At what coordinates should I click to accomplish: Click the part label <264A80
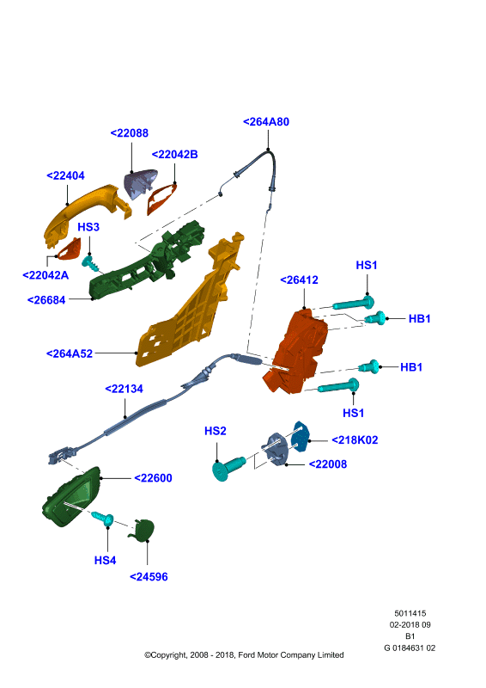pos(266,121)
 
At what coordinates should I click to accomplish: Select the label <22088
pos(130,133)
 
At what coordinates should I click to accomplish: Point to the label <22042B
pos(174,155)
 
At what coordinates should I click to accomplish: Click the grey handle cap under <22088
pos(140,183)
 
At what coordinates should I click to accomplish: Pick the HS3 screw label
pos(88,227)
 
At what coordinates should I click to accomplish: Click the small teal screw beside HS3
pos(91,263)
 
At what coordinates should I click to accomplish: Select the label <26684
pos(46,300)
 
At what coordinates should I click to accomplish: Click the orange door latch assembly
pos(297,351)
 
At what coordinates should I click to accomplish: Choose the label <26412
pos(300,280)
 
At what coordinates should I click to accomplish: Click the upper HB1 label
pos(419,318)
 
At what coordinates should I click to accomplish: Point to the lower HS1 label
pos(353,413)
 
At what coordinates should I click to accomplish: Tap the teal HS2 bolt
pos(228,468)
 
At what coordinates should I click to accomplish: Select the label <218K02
pos(355,440)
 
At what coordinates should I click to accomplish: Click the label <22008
pos(328,464)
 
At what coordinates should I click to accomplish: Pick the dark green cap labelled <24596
pos(142,530)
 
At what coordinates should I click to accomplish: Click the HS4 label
pos(105,561)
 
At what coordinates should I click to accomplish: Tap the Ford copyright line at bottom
pos(244,654)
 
